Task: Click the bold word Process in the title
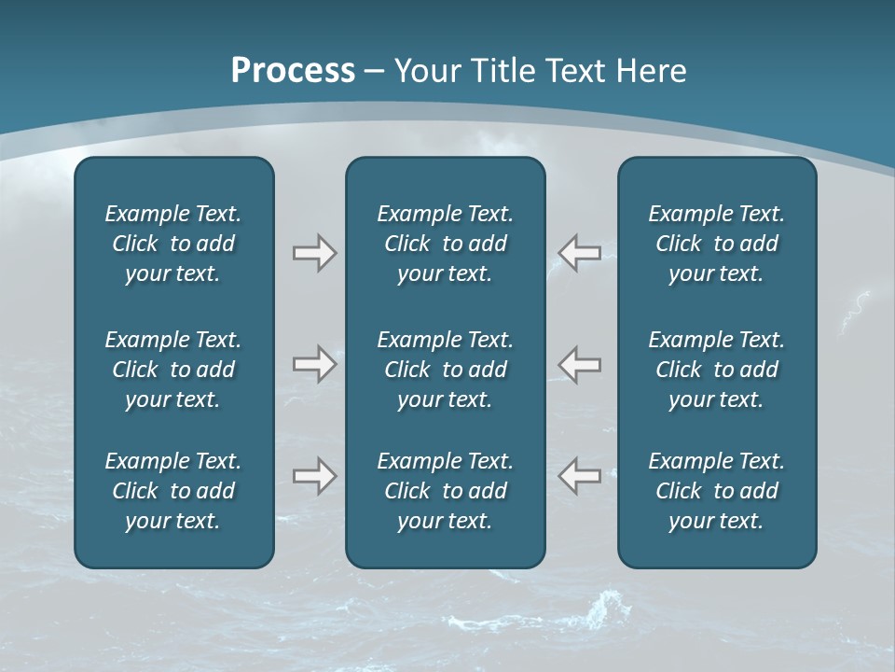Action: (293, 71)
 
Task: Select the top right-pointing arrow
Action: (314, 253)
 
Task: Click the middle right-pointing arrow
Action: (314, 364)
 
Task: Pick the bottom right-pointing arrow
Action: (314, 476)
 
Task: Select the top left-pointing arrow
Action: (580, 253)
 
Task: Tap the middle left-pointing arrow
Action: (580, 364)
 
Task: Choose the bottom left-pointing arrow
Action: (580, 476)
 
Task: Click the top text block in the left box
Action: (173, 244)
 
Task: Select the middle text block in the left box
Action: (173, 370)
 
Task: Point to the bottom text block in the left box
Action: (173, 491)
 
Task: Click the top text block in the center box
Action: (445, 244)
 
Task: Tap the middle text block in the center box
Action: (445, 370)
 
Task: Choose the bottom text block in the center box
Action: (445, 491)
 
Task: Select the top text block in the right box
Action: (716, 244)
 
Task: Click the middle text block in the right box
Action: (716, 370)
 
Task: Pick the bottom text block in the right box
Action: (716, 491)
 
